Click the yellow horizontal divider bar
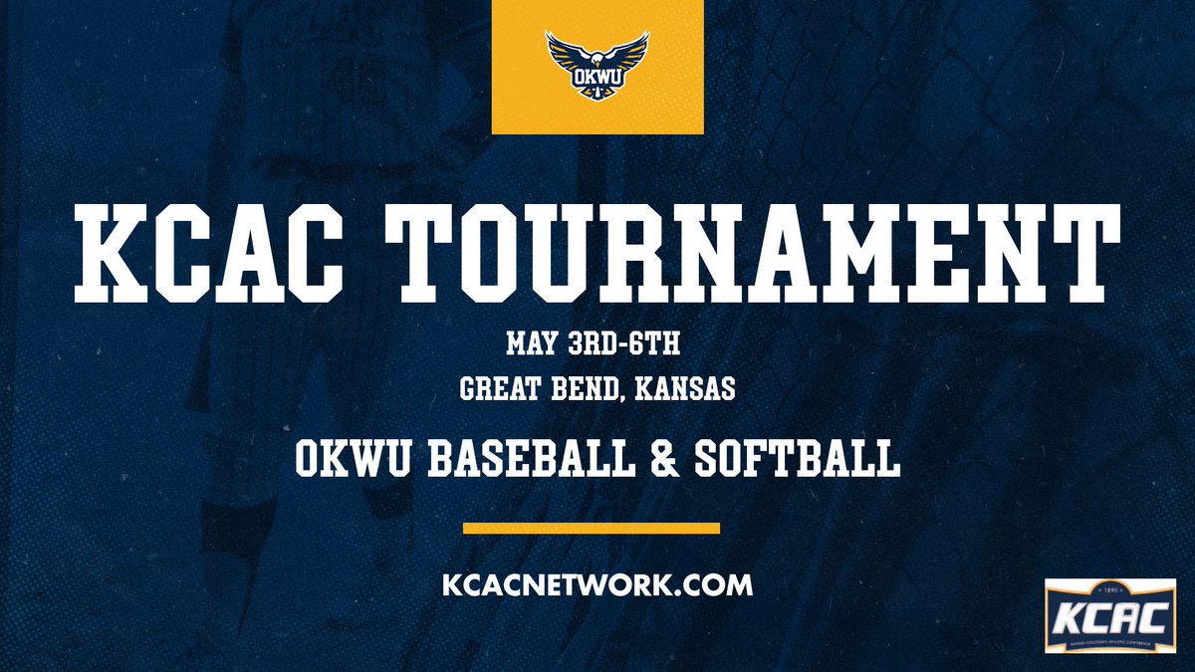[593, 528]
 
